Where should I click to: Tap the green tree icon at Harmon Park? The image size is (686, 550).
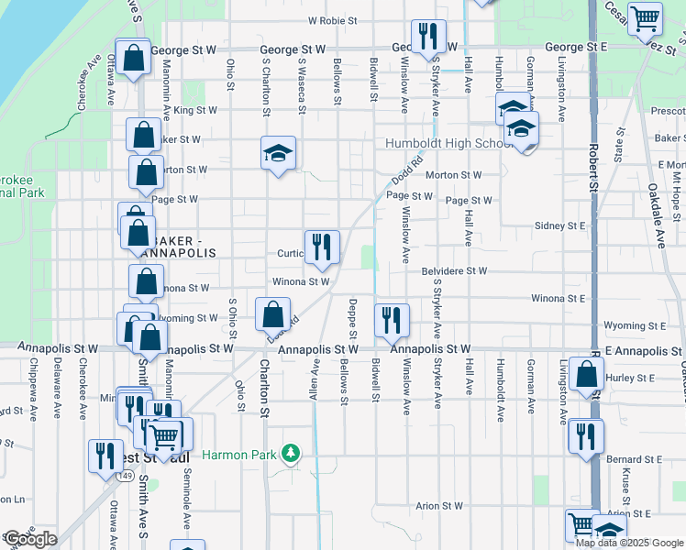pos(291,454)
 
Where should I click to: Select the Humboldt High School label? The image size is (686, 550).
pos(449,144)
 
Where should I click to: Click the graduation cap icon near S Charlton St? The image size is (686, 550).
pos(278,152)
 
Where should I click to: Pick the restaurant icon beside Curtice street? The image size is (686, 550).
pos(322,246)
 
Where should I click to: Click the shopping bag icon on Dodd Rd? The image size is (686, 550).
pos(273,315)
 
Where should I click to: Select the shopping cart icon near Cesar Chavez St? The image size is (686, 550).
pos(646,17)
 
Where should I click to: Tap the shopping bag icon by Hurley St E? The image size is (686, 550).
pos(586,374)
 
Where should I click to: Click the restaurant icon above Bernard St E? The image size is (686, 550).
pos(585,435)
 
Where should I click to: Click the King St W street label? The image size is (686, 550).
pos(195,110)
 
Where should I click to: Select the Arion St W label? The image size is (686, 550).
pos(439,505)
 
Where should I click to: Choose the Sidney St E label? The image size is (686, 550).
pos(559,225)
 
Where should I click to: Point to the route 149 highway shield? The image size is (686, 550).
pos(125,476)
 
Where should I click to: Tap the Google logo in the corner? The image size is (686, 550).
pos(29,539)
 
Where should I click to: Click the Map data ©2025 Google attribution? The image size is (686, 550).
pos(629,543)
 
